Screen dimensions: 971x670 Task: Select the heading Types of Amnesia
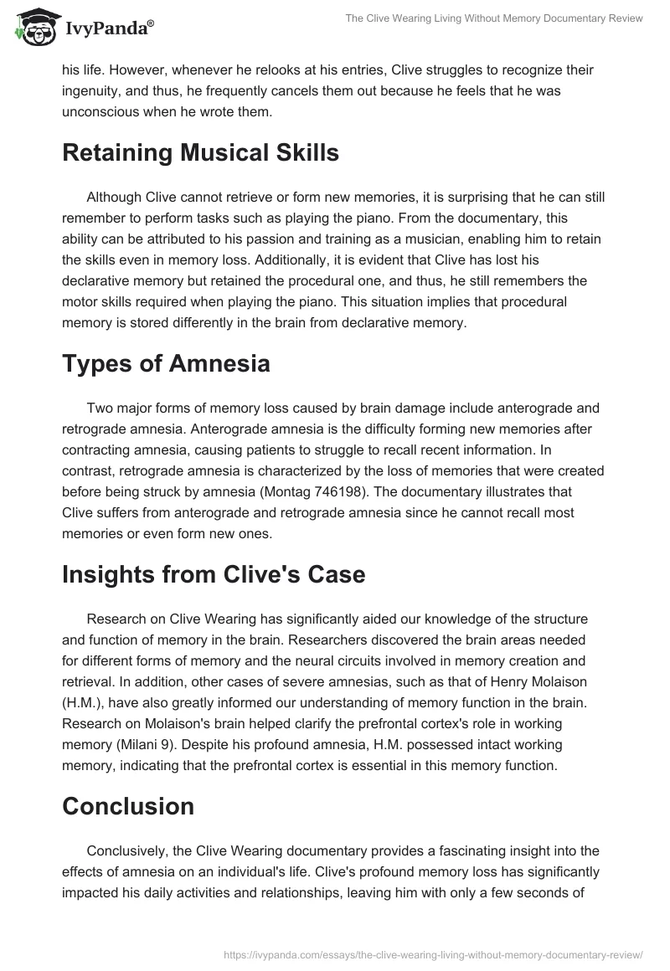[166, 364]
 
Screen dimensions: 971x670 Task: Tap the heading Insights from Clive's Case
[214, 575]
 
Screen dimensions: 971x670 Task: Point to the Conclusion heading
[128, 806]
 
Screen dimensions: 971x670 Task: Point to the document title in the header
[494, 18]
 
